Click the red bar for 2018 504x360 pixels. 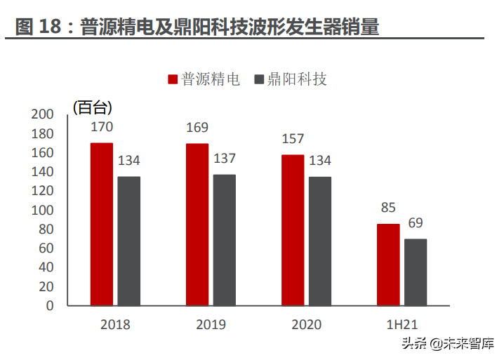(102, 224)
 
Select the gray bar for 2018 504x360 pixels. (128, 241)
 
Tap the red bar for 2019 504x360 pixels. (197, 225)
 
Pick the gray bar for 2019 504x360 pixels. (224, 240)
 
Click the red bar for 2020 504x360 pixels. (293, 230)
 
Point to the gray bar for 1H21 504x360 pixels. (416, 272)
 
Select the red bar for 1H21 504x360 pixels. (388, 265)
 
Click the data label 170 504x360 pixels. (102, 127)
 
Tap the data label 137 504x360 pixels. (224, 159)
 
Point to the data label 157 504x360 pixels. (293, 139)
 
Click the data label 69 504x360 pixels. (416, 223)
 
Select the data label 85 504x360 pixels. (388, 208)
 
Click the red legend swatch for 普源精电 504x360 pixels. (173, 79)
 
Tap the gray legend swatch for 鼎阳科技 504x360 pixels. (259, 79)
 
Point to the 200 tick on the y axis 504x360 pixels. (44, 114)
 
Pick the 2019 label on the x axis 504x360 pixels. (211, 324)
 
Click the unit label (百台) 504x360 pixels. (92, 107)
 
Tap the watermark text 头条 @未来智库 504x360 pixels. (447, 344)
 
